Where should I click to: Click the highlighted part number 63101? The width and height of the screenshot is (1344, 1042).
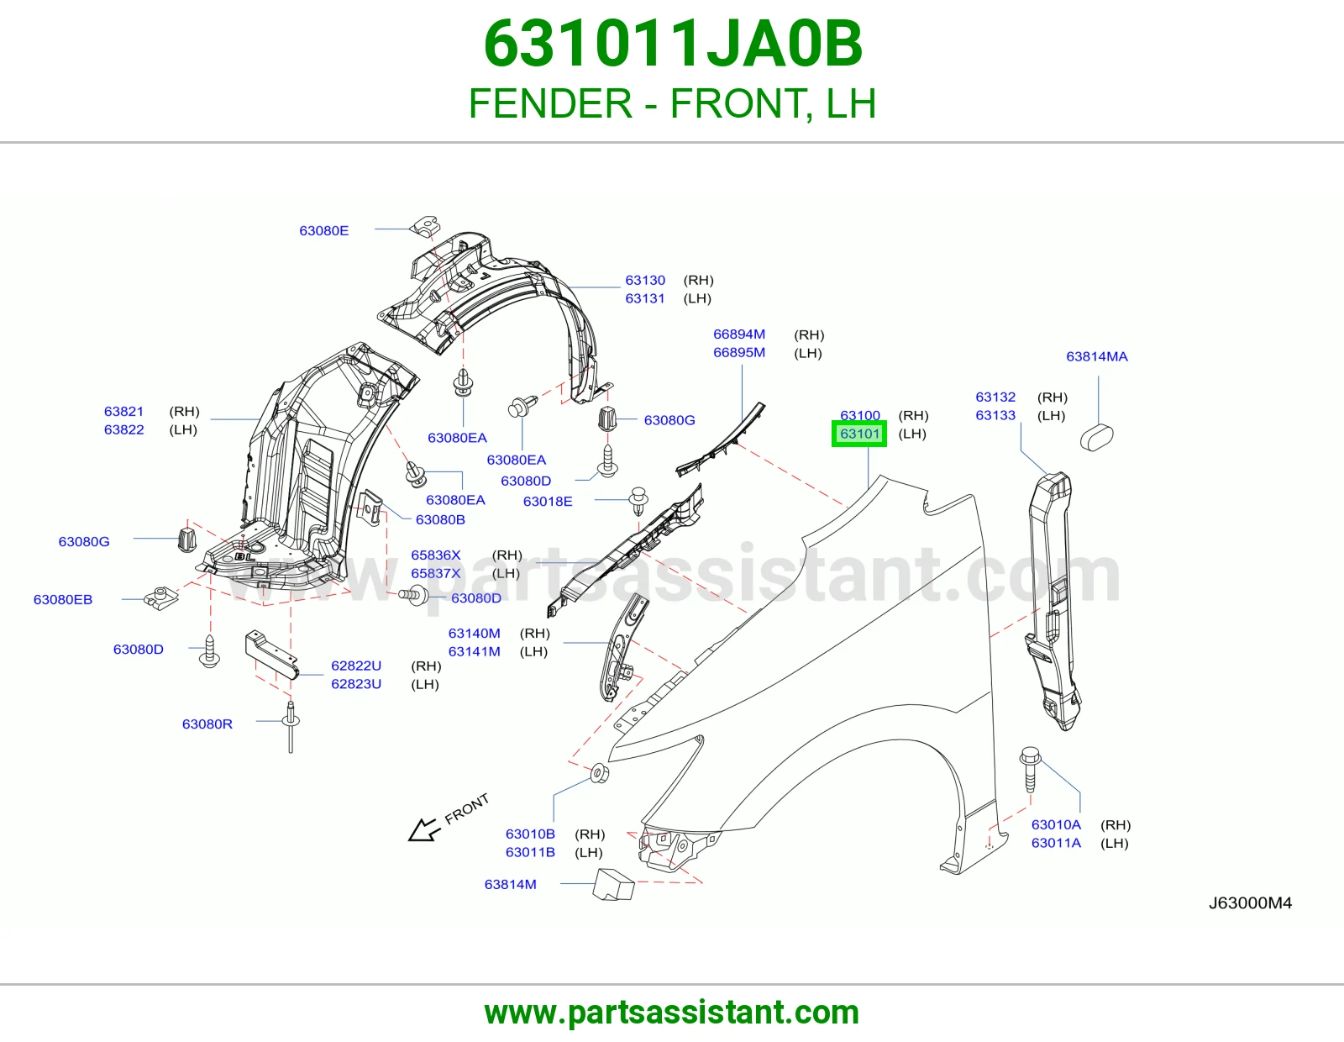[x=859, y=434]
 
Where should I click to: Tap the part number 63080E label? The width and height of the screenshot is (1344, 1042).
[x=323, y=231]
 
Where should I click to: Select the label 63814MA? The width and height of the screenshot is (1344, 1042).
[x=1096, y=356]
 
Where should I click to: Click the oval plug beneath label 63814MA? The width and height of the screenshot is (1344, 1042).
[x=1096, y=438]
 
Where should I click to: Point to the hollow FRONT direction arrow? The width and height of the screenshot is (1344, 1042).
[x=424, y=829]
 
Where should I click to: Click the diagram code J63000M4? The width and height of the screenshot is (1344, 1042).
[x=1250, y=903]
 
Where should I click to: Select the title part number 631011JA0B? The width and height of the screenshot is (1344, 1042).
[x=673, y=44]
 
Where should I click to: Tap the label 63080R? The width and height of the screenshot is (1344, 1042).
[x=207, y=724]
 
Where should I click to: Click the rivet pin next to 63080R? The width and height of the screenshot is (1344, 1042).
[x=290, y=726]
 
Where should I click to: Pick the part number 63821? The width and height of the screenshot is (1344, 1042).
[x=123, y=412]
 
